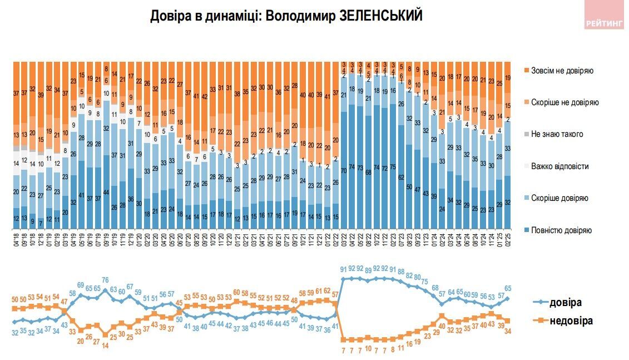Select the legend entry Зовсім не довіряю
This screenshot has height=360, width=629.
point(563,71)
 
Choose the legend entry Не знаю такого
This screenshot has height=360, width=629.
point(556,135)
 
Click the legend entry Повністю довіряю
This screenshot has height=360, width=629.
point(561,230)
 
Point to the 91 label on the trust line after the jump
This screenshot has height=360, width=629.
point(343,269)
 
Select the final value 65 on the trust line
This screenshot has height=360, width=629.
point(508,288)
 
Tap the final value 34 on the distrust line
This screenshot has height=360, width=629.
point(508,331)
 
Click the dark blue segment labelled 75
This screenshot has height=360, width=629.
point(393,167)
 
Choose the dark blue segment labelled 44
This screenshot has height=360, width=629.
point(106,193)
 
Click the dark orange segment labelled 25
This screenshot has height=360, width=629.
point(499,83)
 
